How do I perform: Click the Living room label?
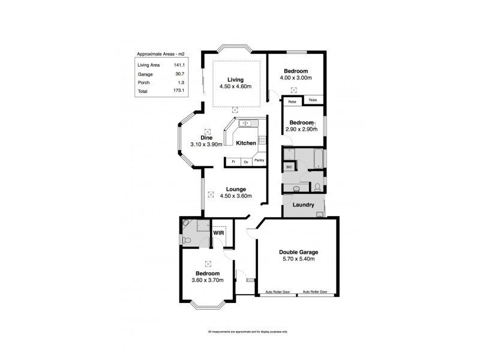click(235, 80)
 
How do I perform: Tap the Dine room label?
click(207, 138)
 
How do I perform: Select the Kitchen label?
click(245, 143)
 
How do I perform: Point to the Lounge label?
click(235, 189)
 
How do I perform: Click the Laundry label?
click(303, 205)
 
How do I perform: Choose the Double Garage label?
click(298, 252)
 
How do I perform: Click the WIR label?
click(218, 232)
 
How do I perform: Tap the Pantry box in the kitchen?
click(259, 161)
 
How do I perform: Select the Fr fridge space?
click(232, 161)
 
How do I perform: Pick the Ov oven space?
click(245, 161)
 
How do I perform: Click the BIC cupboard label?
click(288, 167)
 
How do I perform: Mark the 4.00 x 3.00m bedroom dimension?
click(295, 78)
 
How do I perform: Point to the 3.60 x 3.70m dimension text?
click(208, 280)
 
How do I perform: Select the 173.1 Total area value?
click(178, 91)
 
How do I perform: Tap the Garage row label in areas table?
click(145, 73)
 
